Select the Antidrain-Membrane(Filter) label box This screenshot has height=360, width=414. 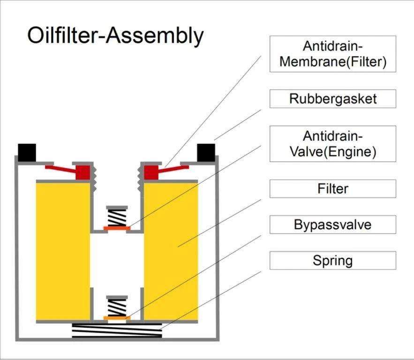coord(332,54)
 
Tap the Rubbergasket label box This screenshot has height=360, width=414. coord(332,99)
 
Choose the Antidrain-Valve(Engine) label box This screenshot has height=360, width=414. coord(332,144)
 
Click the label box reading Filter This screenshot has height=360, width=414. coord(332,189)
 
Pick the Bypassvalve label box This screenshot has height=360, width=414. coord(332,225)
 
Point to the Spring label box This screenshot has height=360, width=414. coord(332,260)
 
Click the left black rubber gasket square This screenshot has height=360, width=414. coord(27,151)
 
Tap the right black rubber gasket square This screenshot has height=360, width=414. coord(206,152)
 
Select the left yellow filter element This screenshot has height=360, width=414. coord(63,251)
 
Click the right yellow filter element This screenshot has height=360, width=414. coord(171,251)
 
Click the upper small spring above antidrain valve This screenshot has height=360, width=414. coord(117,217)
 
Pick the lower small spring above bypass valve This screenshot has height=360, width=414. coord(117,307)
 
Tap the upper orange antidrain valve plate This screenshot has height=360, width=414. coord(117,228)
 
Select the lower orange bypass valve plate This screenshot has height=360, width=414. coord(117,318)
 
